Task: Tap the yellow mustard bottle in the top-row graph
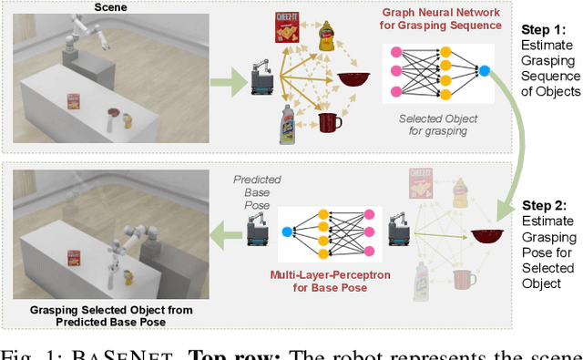click(325, 36)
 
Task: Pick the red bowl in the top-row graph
click(354, 79)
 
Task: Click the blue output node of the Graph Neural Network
click(485, 70)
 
